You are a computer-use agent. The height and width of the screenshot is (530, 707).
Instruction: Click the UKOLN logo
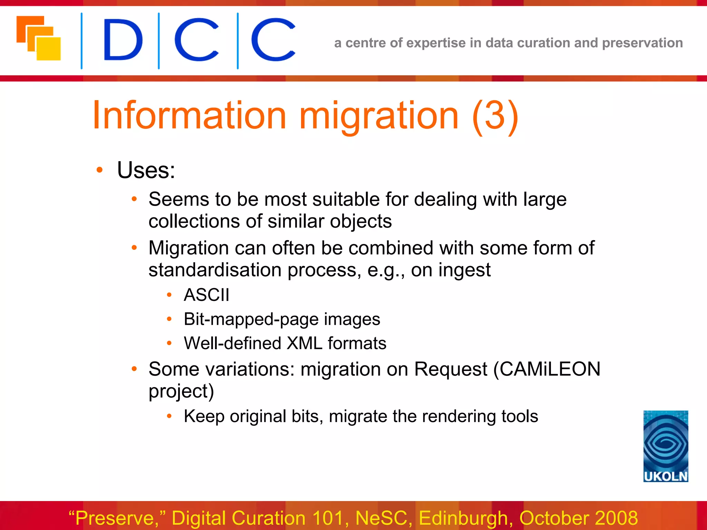pyautogui.click(x=666, y=446)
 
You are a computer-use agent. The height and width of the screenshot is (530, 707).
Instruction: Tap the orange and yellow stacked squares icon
pyautogui.click(x=39, y=38)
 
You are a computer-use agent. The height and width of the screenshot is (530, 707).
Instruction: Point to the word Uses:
pyautogui.click(x=146, y=170)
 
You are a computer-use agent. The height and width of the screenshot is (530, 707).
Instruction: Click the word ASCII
pyautogui.click(x=206, y=295)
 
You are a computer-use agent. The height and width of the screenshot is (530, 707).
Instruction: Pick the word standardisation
pyautogui.click(x=215, y=270)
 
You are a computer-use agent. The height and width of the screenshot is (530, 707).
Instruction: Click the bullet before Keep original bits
pyautogui.click(x=169, y=416)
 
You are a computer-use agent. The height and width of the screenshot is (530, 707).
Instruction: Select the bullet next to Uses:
pyautogui.click(x=100, y=170)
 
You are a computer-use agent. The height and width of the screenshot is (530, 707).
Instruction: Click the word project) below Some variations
pyautogui.click(x=181, y=391)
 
